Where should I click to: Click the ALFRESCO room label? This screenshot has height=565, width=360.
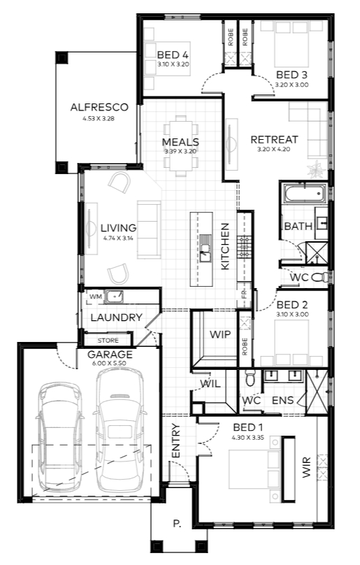coord(99,107)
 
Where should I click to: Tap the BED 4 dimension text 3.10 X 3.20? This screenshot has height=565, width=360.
coord(173,64)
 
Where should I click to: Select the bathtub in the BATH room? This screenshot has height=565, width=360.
coord(305,194)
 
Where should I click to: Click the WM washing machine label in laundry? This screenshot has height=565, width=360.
coord(96,296)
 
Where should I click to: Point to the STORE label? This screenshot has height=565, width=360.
coord(108,340)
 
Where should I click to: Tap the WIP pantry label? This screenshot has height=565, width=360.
coord(219,334)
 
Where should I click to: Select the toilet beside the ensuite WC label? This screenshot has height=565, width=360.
coord(250,377)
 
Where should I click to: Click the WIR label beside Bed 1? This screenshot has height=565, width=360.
coord(306,467)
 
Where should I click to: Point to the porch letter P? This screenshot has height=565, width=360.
coord(177,524)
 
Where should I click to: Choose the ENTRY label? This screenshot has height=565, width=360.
coord(175,441)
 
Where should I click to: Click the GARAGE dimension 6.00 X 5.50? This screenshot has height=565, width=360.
coord(109,363)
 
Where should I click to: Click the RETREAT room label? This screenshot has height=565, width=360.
coord(274,139)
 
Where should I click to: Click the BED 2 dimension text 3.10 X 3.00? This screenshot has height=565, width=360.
coord(292,314)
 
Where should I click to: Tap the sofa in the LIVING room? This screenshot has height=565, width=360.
coord(149,230)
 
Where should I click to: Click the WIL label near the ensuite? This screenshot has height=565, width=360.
coord(210,384)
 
